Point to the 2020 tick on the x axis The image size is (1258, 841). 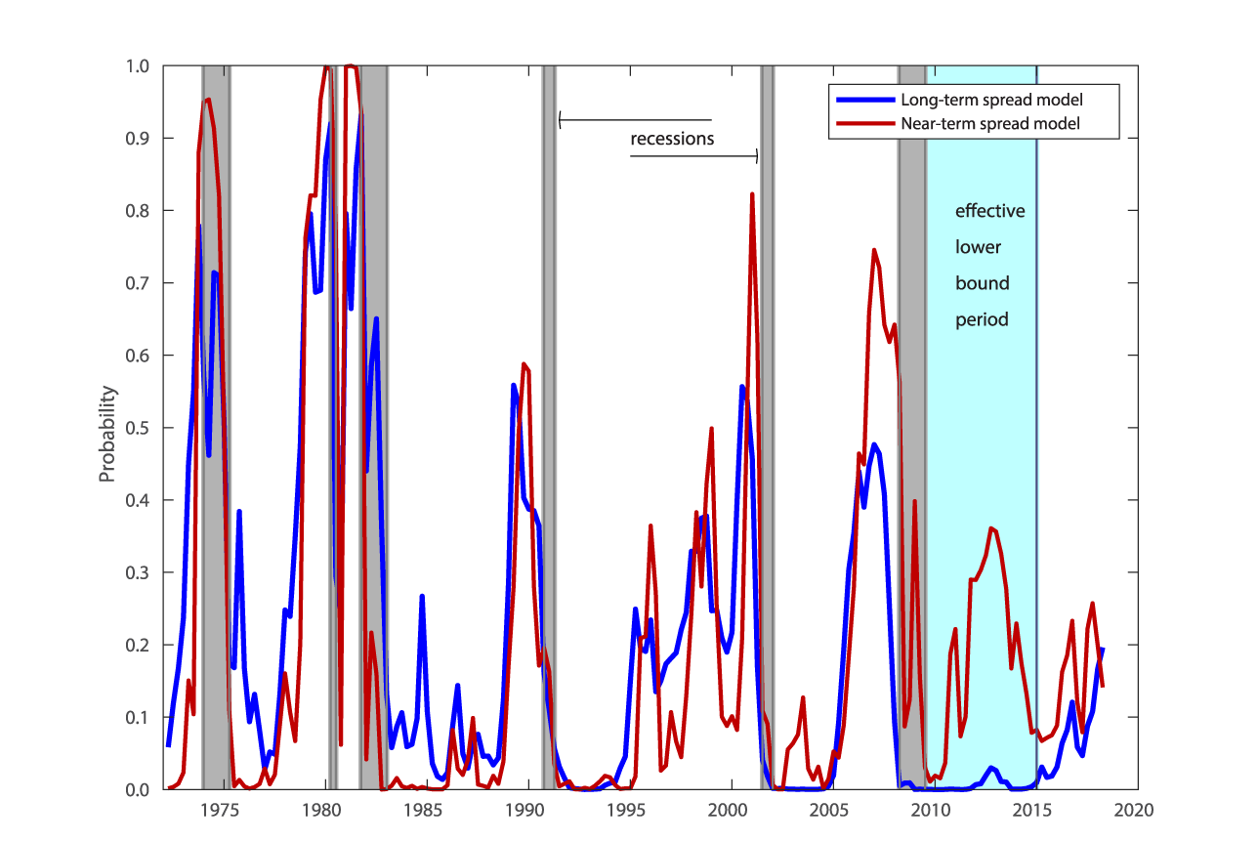click(x=1137, y=810)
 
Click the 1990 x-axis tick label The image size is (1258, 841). click(x=526, y=810)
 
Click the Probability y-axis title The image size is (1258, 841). click(x=107, y=434)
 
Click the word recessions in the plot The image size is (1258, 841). click(x=672, y=139)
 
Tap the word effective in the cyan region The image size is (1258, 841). click(x=989, y=211)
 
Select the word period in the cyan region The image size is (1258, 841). click(x=982, y=319)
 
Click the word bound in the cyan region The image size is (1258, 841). click(x=982, y=283)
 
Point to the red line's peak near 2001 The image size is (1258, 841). click(x=752, y=194)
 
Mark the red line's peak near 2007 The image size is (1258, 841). click(x=873, y=250)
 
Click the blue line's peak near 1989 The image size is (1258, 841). click(x=514, y=385)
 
